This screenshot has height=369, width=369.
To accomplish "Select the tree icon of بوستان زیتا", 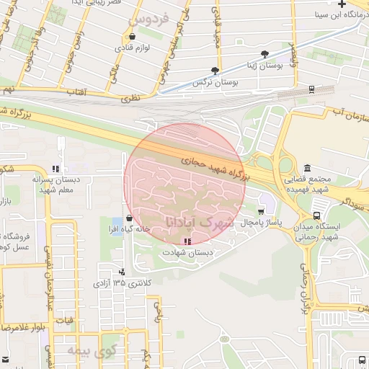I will [x=265, y=54].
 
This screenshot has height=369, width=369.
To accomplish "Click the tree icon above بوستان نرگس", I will [x=214, y=71].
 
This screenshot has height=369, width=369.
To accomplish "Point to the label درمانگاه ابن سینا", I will [x=342, y=14].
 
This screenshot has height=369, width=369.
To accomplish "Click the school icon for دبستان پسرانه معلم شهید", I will [x=55, y=169].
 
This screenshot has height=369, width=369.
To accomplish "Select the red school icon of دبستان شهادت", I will [x=187, y=241].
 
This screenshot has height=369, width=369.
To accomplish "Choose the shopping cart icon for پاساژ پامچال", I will [x=260, y=211].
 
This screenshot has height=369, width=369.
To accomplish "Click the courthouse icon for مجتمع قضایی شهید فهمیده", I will [x=308, y=168].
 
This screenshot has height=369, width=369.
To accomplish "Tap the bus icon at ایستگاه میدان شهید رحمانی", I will [x=317, y=215].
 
